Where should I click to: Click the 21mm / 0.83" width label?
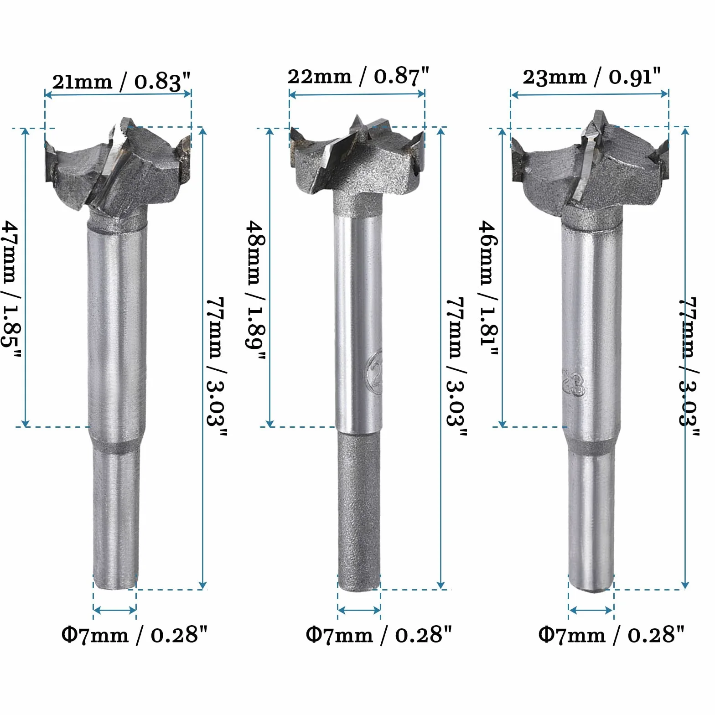(x=121, y=82)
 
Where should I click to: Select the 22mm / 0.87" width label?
(x=358, y=76)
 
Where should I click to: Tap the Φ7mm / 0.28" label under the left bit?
(x=135, y=634)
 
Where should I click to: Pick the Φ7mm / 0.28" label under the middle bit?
(x=378, y=634)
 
